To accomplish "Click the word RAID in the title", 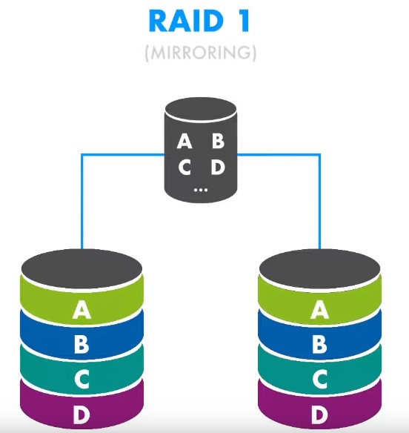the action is click(x=185, y=21).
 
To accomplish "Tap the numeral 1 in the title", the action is click(x=244, y=21).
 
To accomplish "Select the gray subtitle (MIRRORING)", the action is click(x=201, y=53).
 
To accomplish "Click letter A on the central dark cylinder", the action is click(x=184, y=141).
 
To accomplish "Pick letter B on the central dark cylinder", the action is click(x=218, y=141).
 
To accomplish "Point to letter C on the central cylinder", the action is click(x=184, y=167).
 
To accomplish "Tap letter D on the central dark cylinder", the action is click(x=218, y=167).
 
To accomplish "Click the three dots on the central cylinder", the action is click(x=201, y=190).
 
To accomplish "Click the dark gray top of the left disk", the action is click(x=82, y=268).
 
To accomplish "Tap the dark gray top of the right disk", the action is click(x=320, y=268).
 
